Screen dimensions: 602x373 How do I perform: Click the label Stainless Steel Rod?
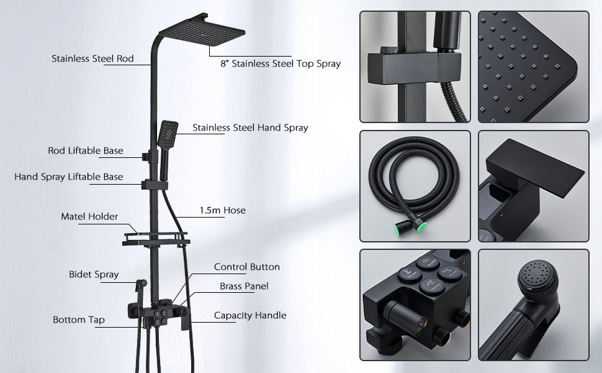[x=92, y=58]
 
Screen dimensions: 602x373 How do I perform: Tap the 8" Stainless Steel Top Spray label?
[x=281, y=63]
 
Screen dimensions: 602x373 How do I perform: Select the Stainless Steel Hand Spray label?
[x=250, y=127]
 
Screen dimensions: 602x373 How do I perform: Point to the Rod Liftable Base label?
[x=86, y=150]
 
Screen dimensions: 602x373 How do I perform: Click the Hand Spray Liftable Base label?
[x=69, y=177]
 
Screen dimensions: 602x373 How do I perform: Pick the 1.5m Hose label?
[x=222, y=210]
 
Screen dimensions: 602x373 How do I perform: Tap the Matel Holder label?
[x=89, y=216]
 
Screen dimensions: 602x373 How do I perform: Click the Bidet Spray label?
[x=94, y=274]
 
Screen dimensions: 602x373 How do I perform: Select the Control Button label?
[x=247, y=267]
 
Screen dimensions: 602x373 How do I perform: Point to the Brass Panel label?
[x=244, y=286]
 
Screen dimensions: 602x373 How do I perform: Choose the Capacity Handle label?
[x=250, y=315]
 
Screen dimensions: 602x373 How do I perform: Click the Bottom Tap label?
[x=79, y=320]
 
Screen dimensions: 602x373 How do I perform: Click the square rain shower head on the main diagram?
[x=202, y=30]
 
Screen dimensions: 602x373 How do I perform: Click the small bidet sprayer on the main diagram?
[x=142, y=285]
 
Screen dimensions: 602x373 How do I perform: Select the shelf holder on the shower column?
[x=156, y=239]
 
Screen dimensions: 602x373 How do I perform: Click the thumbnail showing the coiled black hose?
[x=415, y=186]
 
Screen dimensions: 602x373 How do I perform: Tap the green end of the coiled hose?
[x=421, y=226]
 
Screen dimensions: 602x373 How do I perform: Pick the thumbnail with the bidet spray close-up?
[x=533, y=305]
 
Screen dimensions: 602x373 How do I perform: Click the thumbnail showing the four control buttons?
[x=415, y=305]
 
